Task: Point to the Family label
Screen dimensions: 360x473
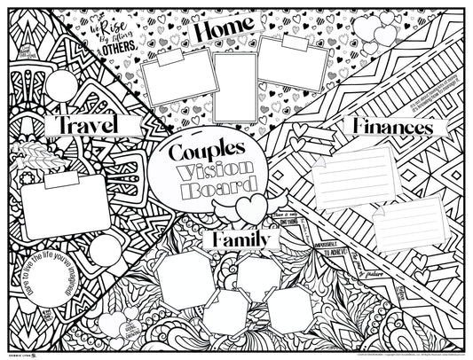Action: point(242,239)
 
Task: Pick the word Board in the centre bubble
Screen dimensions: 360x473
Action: point(219,189)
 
